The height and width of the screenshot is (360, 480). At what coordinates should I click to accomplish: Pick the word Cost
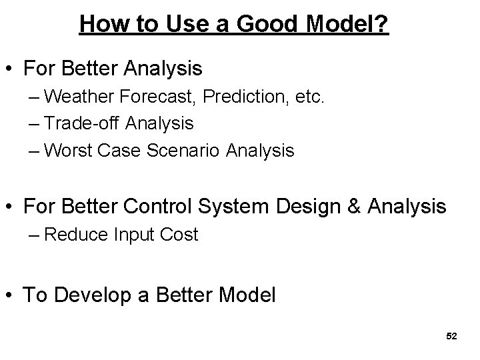(x=182, y=235)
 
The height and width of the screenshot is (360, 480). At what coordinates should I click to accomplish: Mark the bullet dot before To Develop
(x=10, y=296)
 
